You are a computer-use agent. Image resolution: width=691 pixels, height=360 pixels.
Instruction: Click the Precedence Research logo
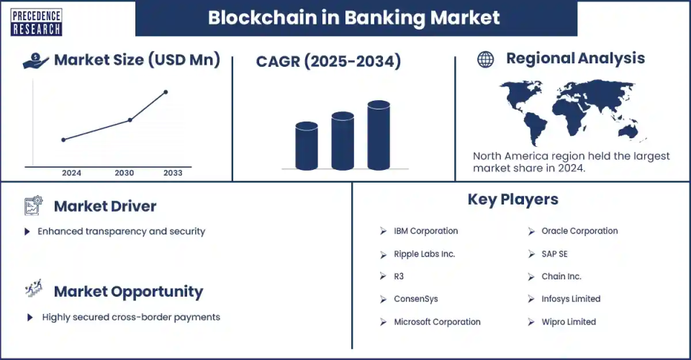pyautogui.click(x=36, y=22)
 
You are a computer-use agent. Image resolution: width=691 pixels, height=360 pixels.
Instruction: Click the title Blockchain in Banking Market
pyautogui.click(x=354, y=18)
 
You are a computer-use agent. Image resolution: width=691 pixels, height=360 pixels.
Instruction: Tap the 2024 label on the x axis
pyautogui.click(x=71, y=173)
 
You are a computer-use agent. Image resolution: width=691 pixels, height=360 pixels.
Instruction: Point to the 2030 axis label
pyautogui.click(x=124, y=173)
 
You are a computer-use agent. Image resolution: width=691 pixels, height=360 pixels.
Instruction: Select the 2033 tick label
pyautogui.click(x=173, y=173)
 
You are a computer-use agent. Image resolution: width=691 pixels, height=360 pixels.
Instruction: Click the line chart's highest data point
pyautogui.click(x=166, y=92)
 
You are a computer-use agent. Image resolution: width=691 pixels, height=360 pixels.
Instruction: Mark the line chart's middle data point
pyautogui.click(x=130, y=120)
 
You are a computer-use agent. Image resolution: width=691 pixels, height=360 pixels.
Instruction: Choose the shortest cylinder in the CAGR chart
pyautogui.click(x=307, y=145)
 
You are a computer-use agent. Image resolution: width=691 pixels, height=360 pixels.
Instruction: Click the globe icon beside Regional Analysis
pyautogui.click(x=486, y=60)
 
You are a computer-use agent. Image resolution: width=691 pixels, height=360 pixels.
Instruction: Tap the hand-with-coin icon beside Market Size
pyautogui.click(x=36, y=60)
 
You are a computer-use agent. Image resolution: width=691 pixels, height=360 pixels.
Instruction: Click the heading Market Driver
pyautogui.click(x=105, y=207)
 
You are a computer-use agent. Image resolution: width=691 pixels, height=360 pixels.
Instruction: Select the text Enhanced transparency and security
pyautogui.click(x=122, y=231)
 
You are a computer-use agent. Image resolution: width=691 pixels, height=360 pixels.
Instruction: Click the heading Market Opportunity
pyautogui.click(x=128, y=292)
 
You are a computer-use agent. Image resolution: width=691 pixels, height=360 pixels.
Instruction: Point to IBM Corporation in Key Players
pyautogui.click(x=425, y=231)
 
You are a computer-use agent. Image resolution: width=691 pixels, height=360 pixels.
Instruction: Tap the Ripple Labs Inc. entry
pyautogui.click(x=425, y=254)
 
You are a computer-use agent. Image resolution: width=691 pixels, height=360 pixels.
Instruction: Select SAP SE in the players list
pyautogui.click(x=554, y=254)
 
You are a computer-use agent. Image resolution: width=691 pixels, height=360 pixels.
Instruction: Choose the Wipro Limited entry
pyautogui.click(x=569, y=322)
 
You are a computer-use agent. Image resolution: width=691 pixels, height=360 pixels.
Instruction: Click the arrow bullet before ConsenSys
pyautogui.click(x=383, y=299)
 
